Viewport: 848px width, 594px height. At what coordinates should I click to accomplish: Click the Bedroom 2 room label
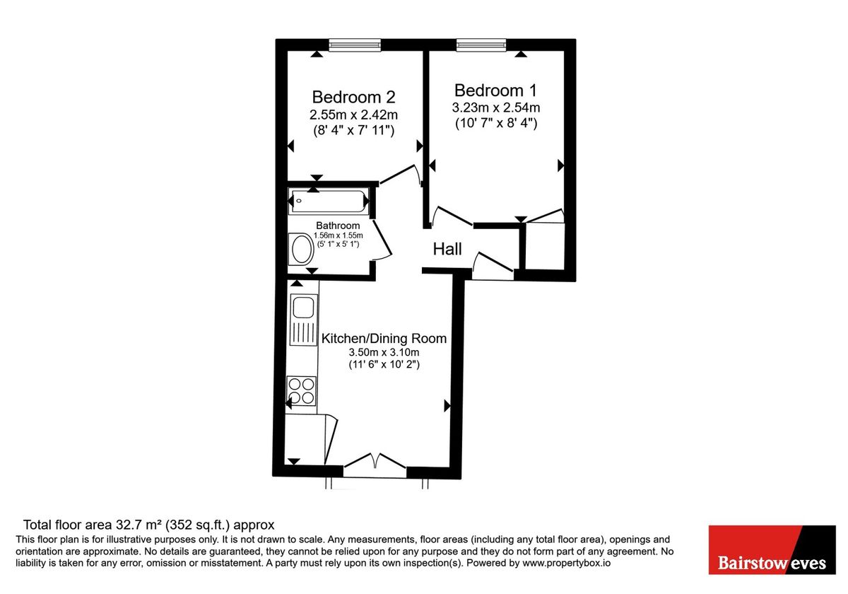[353, 97]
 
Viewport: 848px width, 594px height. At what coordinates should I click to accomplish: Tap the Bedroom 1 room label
[495, 91]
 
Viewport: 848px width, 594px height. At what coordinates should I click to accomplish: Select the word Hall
[447, 249]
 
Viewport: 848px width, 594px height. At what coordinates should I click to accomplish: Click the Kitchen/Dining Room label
[384, 339]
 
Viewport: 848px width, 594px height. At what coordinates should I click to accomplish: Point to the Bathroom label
[338, 226]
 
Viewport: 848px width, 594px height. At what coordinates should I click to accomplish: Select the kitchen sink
[304, 309]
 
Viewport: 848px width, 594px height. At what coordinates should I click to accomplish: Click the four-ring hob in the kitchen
[301, 391]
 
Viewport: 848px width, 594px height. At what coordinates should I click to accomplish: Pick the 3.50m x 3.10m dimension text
[384, 353]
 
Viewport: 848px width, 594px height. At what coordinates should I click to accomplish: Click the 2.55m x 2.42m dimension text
[353, 115]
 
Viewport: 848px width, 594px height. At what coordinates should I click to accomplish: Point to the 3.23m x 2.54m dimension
[495, 108]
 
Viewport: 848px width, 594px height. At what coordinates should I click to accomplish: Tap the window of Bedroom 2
[354, 45]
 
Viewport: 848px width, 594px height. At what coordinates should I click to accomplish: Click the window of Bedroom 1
[481, 45]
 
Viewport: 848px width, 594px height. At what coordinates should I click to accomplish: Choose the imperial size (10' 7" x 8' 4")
[495, 123]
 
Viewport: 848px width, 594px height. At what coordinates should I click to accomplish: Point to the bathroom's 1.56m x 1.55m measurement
[338, 235]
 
